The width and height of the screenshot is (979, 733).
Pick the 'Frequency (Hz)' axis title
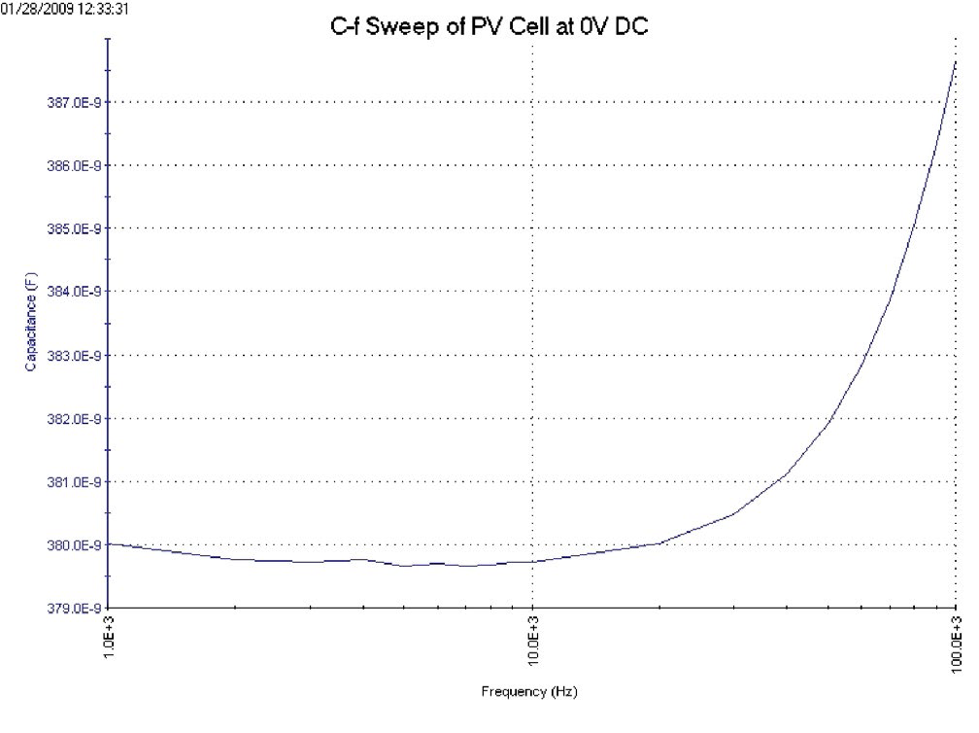click(x=521, y=692)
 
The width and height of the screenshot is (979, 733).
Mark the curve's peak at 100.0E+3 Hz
click(x=956, y=61)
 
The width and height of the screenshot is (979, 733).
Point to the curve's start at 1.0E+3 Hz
click(x=109, y=543)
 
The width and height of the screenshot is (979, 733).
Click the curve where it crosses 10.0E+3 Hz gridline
click(x=532, y=561)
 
